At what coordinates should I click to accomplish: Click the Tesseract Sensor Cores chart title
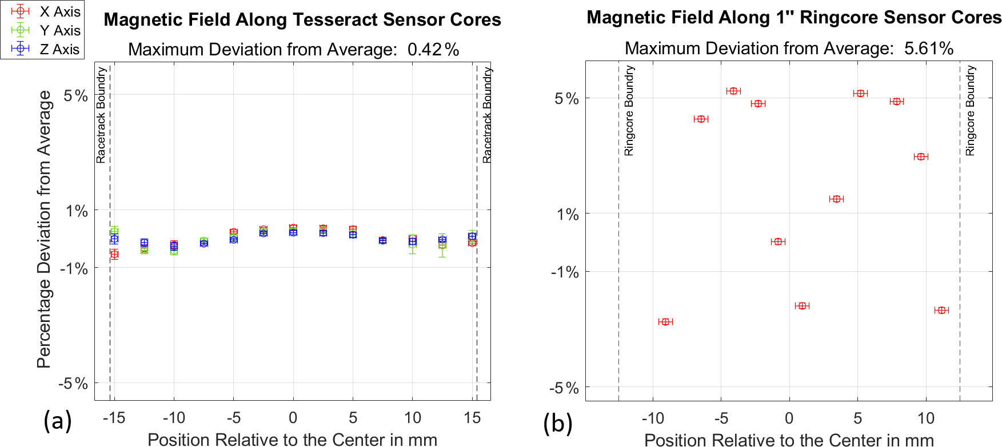click(302, 20)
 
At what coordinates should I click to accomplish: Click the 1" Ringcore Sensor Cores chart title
click(794, 18)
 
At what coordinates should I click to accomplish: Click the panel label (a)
click(58, 421)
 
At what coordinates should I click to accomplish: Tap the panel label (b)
click(558, 423)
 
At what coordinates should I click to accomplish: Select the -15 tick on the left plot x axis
click(114, 418)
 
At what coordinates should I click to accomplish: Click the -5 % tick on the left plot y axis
click(73, 384)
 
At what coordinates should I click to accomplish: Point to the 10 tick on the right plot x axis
click(926, 418)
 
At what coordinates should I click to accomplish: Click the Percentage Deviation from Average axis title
click(45, 229)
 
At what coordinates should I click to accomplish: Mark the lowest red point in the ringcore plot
click(665, 322)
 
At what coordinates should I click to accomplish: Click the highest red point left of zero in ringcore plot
click(734, 91)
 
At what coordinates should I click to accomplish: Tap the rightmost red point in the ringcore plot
click(941, 311)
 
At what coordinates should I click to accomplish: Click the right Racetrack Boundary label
click(487, 115)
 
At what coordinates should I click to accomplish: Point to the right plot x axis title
click(789, 440)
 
